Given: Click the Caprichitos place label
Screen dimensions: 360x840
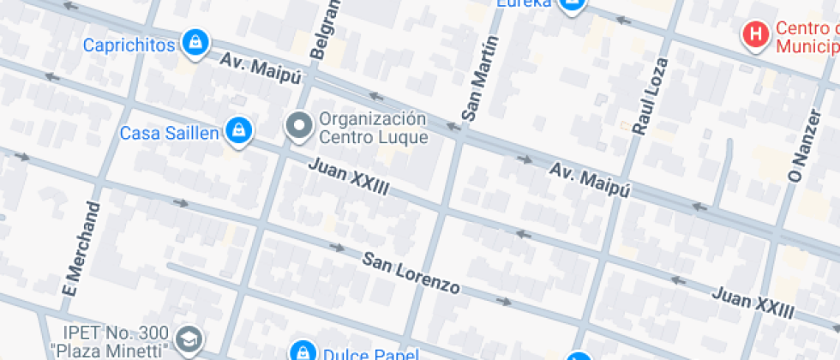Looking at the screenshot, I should (129, 45).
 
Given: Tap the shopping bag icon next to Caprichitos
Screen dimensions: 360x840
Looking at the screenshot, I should (195, 43).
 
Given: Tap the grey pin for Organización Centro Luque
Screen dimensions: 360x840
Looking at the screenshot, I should (299, 127).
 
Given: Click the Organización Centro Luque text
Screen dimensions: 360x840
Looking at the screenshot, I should (372, 127).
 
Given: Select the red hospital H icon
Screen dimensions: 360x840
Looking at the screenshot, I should (755, 34).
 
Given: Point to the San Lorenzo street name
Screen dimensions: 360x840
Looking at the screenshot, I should (410, 273).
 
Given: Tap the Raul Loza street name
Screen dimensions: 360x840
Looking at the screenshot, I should (650, 96).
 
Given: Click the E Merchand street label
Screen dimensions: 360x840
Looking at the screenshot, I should (82, 249).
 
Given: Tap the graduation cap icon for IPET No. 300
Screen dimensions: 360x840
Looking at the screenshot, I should (188, 339).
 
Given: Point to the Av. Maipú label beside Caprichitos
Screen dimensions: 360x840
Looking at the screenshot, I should (261, 69).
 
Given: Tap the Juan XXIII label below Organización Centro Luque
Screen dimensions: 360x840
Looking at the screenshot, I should (349, 177).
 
